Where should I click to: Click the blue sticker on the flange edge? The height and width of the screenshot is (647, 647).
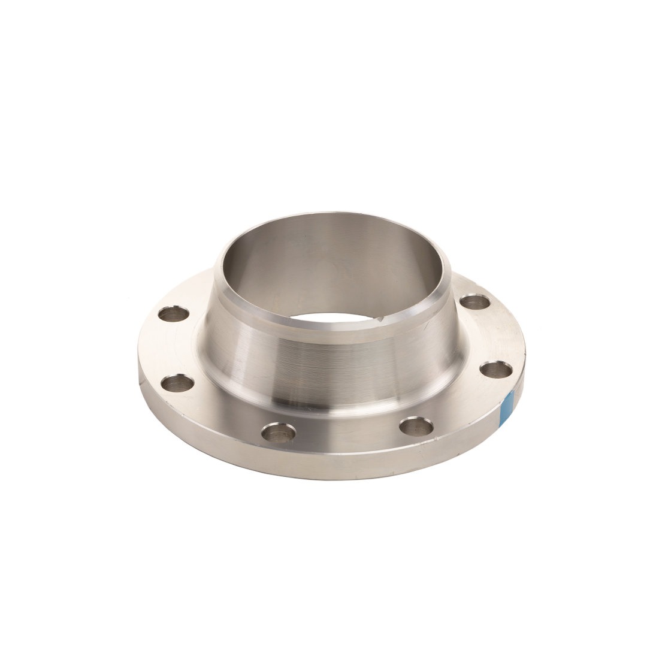(x=507, y=406)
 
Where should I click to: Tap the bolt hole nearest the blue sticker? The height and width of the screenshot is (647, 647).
(x=496, y=370)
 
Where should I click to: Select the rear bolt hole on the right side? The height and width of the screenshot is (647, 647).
(x=475, y=301)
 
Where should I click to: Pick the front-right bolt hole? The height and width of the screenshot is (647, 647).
(x=416, y=427)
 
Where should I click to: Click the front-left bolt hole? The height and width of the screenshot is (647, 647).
(x=279, y=432)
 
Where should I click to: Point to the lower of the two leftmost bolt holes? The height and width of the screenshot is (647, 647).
(x=178, y=383)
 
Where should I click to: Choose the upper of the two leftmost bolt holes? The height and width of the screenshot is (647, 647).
(x=174, y=313)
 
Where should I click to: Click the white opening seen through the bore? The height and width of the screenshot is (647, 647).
(x=335, y=318)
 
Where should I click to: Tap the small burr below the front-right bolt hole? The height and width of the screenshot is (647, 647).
(x=424, y=445)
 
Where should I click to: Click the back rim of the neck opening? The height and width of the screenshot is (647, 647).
(x=335, y=214)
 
